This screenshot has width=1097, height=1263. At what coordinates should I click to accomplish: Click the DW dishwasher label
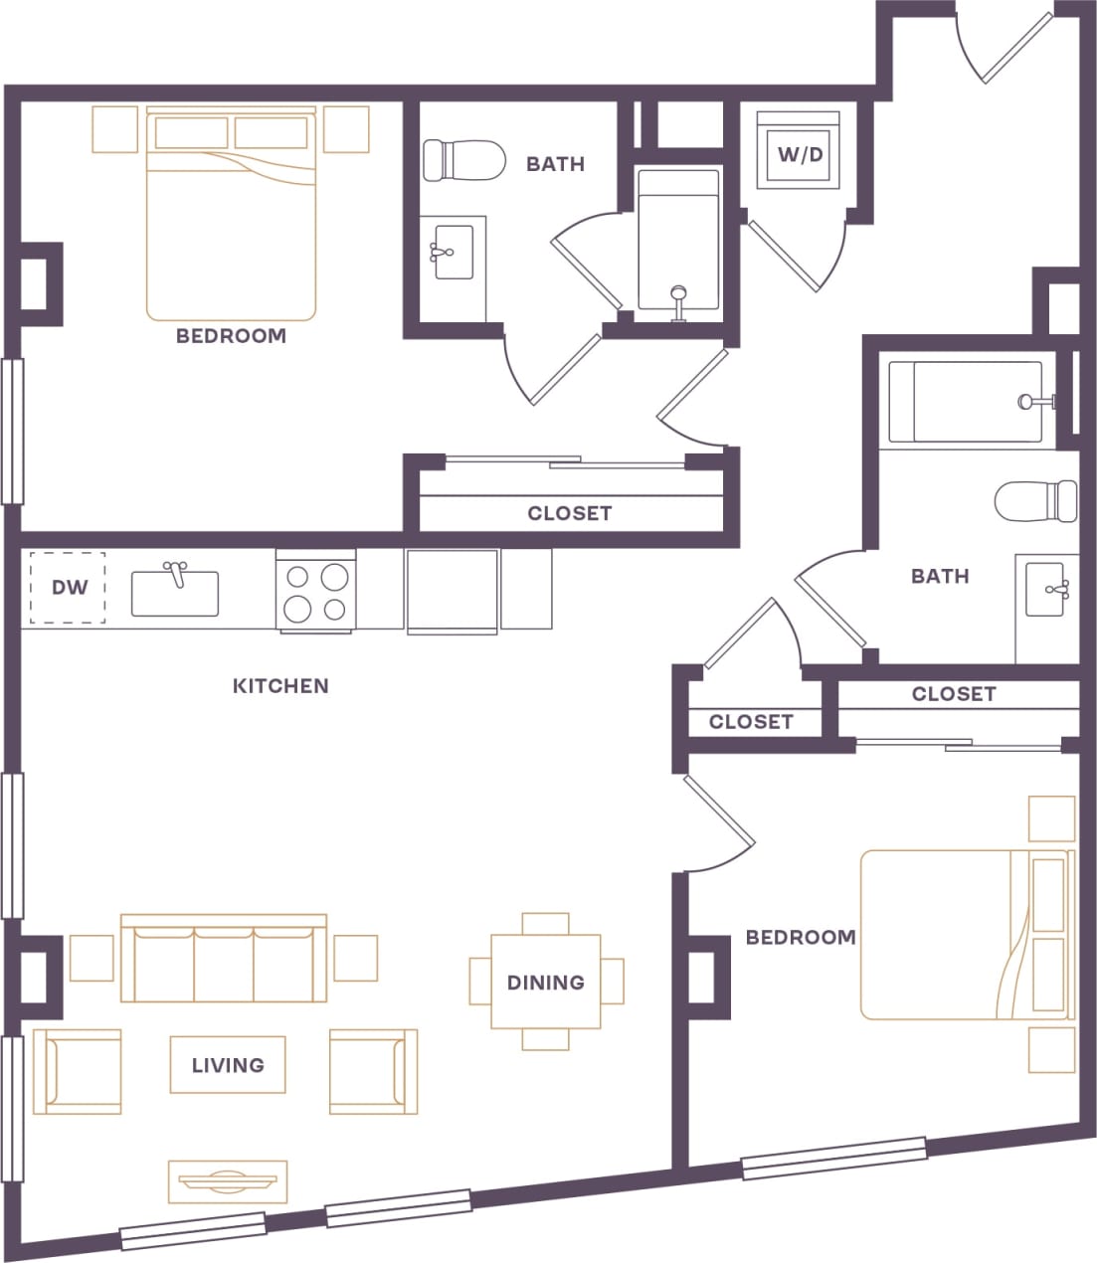click(x=69, y=588)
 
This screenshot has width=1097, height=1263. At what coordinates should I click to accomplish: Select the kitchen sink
click(x=175, y=593)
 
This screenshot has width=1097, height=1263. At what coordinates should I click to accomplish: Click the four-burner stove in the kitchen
click(x=315, y=592)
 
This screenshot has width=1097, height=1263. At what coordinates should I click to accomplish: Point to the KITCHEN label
click(x=279, y=686)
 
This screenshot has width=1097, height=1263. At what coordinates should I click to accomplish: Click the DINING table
click(x=546, y=982)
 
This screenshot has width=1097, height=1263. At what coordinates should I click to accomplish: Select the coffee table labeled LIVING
click(x=228, y=1065)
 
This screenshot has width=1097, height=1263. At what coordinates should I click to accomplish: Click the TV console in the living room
click(x=228, y=1180)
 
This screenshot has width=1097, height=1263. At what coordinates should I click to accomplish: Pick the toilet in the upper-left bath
click(x=461, y=160)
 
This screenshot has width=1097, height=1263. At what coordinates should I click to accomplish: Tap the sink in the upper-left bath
click(x=453, y=253)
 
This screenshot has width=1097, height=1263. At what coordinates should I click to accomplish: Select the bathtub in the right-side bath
click(x=965, y=403)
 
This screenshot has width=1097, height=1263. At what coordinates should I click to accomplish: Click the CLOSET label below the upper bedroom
click(x=569, y=513)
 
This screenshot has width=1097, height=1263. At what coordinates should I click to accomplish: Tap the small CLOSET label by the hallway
click(x=751, y=722)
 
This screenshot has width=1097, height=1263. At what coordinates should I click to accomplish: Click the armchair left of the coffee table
click(x=78, y=1071)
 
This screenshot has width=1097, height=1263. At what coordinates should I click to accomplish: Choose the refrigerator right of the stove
click(x=452, y=591)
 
